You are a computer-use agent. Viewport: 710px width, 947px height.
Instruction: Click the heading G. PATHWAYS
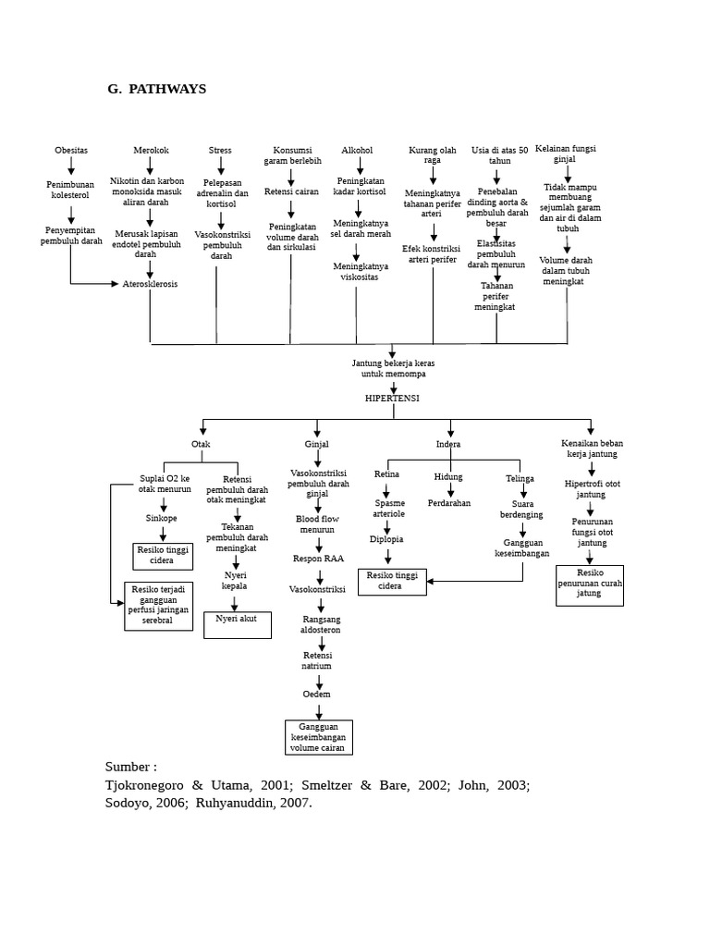coord(156,90)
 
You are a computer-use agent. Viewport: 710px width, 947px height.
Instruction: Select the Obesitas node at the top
coord(71,150)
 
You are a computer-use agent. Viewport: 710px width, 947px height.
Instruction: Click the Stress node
coord(220,150)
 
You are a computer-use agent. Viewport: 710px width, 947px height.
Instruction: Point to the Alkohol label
coord(357,150)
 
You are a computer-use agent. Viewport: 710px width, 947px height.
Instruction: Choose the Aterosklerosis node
coord(151,284)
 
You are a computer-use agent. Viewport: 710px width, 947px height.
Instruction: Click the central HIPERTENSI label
coord(393,397)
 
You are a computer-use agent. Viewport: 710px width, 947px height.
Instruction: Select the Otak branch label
coord(201,444)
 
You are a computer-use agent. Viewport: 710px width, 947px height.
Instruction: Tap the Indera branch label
coord(448,444)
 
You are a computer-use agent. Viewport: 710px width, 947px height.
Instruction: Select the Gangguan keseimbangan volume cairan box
coord(319,736)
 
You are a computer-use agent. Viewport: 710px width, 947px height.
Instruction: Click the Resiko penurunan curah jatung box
coord(589,584)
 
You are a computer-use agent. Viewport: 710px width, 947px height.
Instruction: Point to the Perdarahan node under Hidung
coord(449,503)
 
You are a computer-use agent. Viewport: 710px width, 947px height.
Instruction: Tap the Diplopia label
coord(386,538)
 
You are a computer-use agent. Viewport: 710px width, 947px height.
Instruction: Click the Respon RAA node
coord(318,559)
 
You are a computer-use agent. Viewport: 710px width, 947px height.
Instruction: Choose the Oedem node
coord(317,693)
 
